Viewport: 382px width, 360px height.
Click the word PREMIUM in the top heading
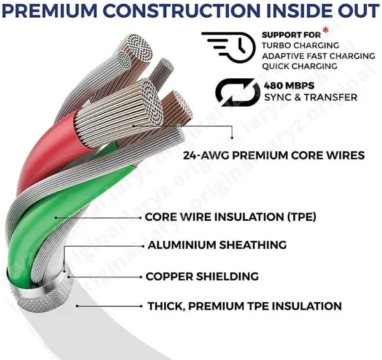coord(51,11)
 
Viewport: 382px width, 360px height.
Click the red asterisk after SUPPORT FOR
coord(325,31)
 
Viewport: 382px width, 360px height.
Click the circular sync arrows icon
coord(237,92)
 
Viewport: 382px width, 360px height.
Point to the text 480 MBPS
coord(289,86)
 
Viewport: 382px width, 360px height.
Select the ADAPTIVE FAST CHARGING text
coord(318,56)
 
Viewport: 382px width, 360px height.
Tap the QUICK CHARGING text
coord(300,66)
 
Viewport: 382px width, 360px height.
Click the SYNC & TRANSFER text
coord(311,97)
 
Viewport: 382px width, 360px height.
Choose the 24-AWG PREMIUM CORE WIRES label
coord(274,155)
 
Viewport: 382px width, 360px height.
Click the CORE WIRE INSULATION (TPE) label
coord(230,217)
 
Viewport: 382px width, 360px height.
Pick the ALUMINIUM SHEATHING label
coord(217,245)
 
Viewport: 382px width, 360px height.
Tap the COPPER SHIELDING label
coord(202,276)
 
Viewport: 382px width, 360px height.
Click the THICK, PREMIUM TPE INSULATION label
coord(244,306)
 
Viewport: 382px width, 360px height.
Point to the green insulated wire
coord(49,219)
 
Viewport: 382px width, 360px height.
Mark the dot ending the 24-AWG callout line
coord(232,138)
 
